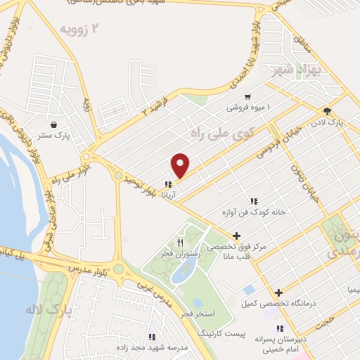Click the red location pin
(x=181, y=166)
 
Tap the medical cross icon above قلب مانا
(x=237, y=236)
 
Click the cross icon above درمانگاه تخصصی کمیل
(x=279, y=292)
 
